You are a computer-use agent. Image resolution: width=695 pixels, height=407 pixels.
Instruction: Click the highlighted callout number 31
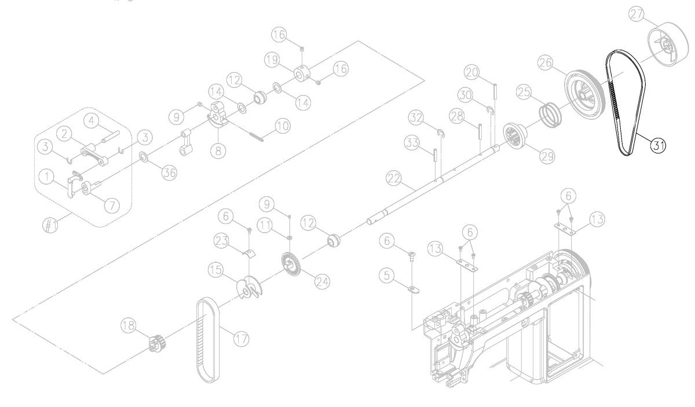[658, 145]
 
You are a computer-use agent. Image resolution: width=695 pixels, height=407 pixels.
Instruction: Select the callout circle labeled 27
[637, 14]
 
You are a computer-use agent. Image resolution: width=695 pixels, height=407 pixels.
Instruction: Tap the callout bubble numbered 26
[546, 63]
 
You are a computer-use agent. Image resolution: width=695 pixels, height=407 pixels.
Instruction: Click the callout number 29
[547, 156]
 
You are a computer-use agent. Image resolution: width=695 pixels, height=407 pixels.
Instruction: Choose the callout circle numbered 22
[394, 179]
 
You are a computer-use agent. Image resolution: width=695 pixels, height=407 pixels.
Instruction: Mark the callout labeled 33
[412, 143]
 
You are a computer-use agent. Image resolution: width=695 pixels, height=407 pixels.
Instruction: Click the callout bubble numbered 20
[472, 72]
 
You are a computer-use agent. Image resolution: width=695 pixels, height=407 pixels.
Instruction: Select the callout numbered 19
[272, 60]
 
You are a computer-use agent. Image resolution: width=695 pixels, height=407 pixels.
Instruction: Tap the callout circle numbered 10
[283, 126]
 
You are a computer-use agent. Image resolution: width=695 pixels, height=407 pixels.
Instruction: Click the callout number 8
[218, 151]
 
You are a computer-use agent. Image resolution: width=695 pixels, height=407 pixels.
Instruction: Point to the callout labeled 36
[169, 173]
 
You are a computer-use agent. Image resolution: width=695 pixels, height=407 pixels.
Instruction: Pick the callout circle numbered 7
[112, 206]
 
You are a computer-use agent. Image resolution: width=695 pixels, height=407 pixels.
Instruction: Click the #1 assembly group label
[50, 225]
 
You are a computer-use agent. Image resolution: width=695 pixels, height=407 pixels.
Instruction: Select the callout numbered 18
[129, 325]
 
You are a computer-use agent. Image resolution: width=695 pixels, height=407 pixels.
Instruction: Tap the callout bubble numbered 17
[241, 339]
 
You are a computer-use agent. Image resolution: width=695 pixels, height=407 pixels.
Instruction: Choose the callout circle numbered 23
[221, 241]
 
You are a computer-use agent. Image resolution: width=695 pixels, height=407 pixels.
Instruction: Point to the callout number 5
[387, 275]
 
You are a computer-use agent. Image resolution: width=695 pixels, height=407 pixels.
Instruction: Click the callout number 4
[92, 121]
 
